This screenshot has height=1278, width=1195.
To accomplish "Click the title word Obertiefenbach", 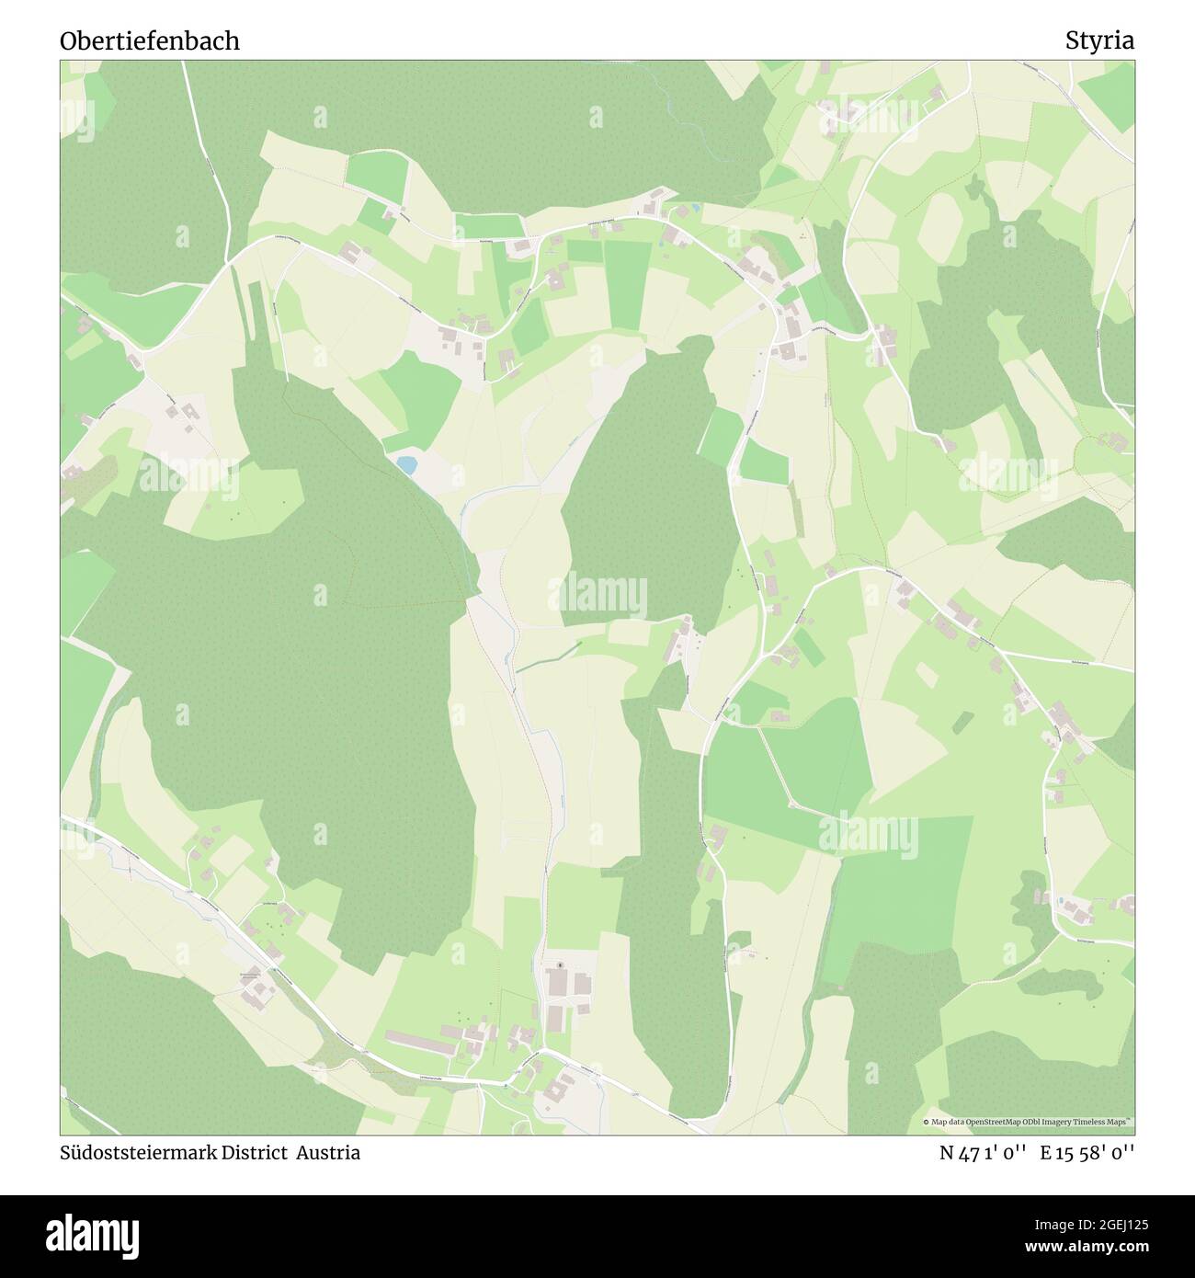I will coord(150,40).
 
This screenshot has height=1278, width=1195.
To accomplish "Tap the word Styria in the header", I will coord(1099,40).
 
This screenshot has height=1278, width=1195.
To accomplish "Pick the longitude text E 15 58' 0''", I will coord(1087,1153).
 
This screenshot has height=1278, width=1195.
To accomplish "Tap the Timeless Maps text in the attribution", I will coord(1109,1123).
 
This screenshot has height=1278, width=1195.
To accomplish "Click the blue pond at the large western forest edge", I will coord(406,465).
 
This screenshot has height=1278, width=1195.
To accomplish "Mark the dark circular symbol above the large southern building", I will coord(559,965).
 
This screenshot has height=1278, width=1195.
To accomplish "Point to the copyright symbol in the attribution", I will coord(927,1123).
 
